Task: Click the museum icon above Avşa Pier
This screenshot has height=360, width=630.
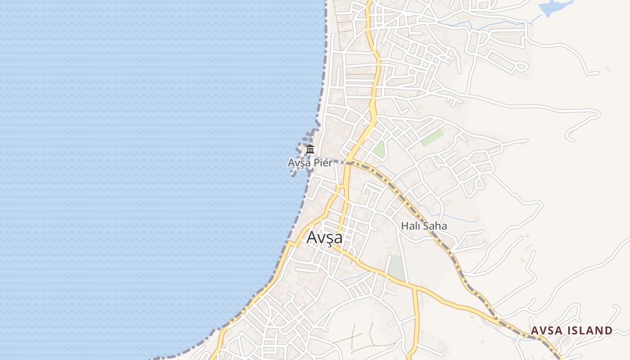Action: [x=310, y=149]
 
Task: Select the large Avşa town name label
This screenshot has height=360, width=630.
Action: [x=324, y=238]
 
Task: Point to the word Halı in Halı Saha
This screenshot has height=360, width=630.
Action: [x=409, y=226]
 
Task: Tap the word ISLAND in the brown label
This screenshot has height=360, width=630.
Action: [x=589, y=331]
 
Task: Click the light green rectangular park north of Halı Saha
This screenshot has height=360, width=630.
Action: [x=432, y=138]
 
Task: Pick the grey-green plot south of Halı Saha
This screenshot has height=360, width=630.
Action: [x=396, y=268]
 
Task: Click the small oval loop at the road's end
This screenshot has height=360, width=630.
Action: [x=521, y=67]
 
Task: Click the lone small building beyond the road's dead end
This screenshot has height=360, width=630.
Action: [x=608, y=69]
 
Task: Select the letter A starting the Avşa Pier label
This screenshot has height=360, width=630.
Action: [x=292, y=163]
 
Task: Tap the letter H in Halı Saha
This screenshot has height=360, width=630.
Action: [x=404, y=226]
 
